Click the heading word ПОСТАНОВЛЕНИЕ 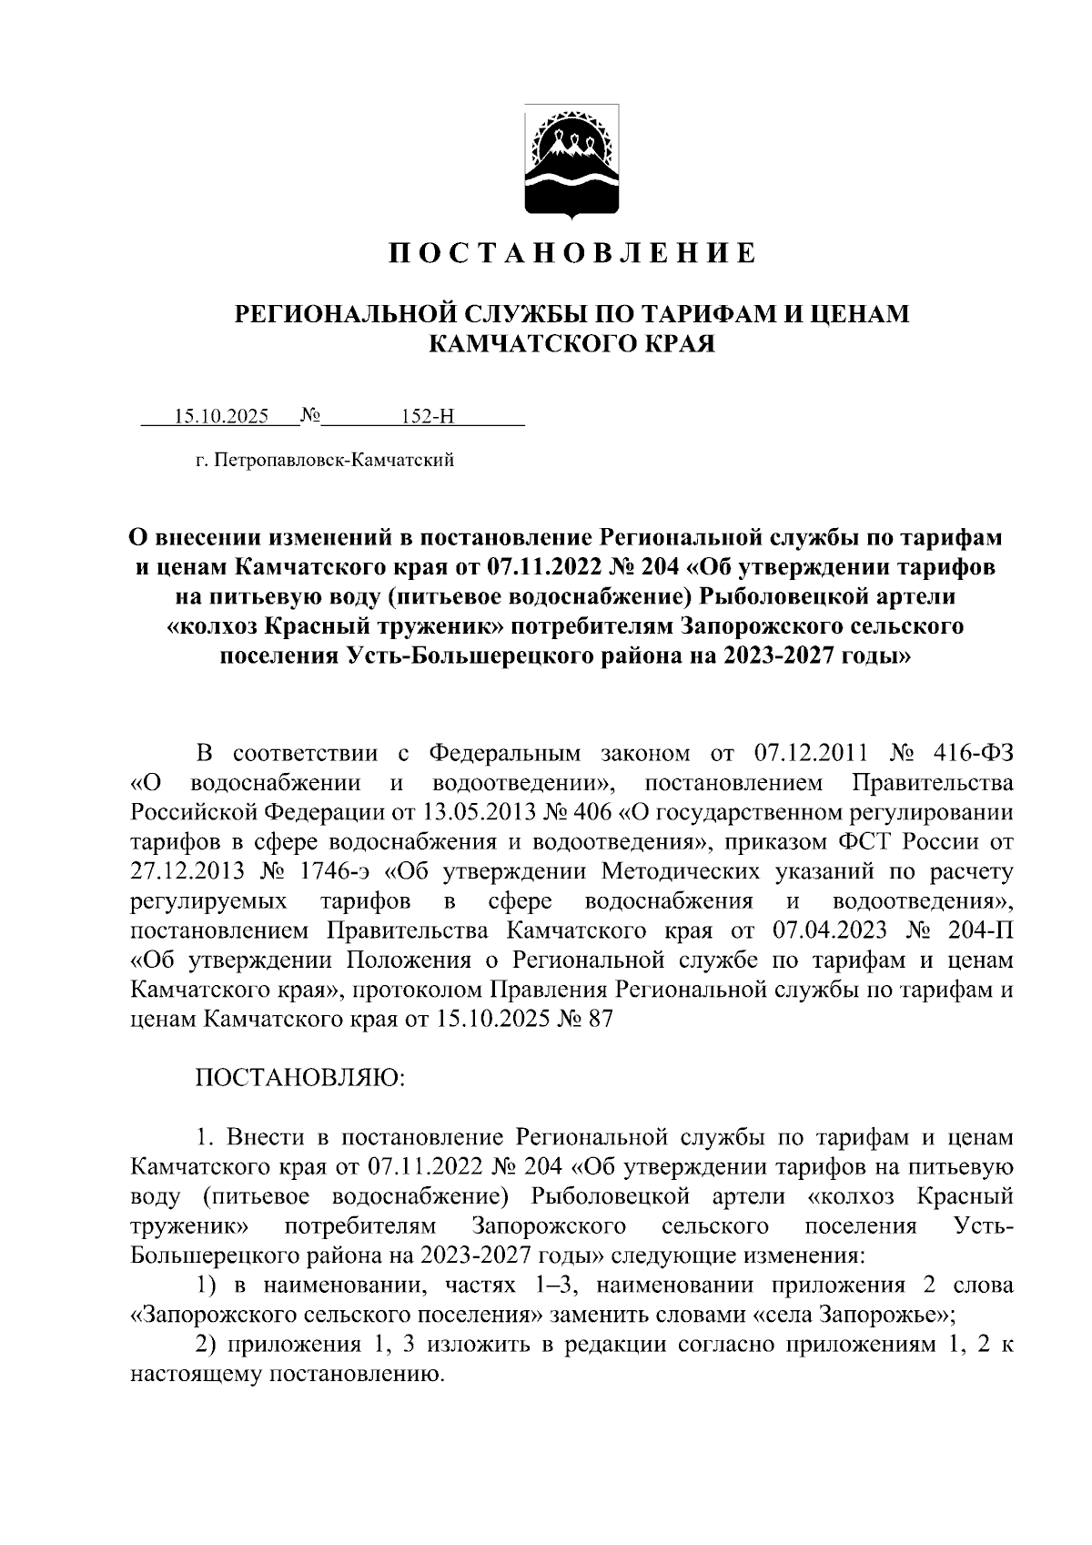(572, 253)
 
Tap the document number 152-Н (428, 417)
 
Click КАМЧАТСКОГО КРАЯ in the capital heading (572, 343)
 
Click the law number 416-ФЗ (973, 754)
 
